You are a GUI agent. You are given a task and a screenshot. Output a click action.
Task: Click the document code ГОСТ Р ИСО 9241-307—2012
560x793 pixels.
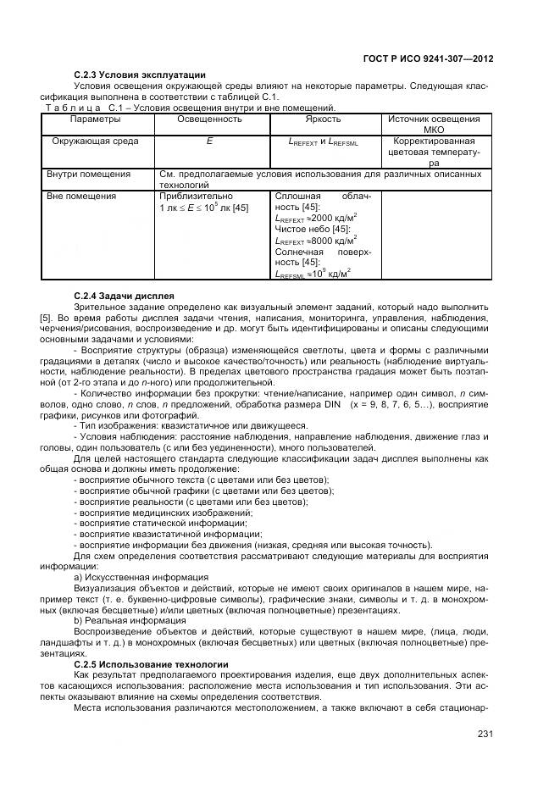(x=429, y=59)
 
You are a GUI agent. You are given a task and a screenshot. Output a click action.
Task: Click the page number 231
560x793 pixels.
(x=483, y=734)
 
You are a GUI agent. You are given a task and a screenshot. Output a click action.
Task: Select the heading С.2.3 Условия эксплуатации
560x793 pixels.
(x=140, y=75)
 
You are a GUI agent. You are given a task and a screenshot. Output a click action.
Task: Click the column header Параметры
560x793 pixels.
(x=96, y=119)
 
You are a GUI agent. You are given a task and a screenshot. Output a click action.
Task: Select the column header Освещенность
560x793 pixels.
(x=209, y=119)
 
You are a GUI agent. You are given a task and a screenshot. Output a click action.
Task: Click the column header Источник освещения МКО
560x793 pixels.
(x=433, y=125)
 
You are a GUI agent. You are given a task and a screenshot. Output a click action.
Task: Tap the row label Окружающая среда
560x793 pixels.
(x=96, y=141)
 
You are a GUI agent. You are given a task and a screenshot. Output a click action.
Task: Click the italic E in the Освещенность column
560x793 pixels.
(x=209, y=141)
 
